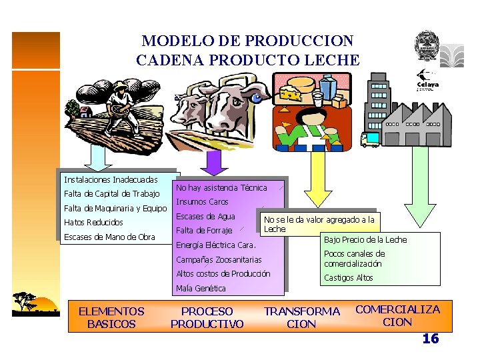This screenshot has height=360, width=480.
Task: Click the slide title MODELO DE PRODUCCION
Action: pyautogui.click(x=247, y=41)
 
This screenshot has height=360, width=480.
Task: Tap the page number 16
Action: pyautogui.click(x=431, y=339)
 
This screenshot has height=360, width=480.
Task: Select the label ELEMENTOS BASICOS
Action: pyautogui.click(x=111, y=317)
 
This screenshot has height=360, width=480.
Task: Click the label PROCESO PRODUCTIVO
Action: pyautogui.click(x=207, y=317)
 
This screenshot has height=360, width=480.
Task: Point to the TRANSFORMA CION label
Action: pyautogui.click(x=302, y=317)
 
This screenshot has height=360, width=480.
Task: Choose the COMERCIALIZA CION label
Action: pyautogui.click(x=397, y=315)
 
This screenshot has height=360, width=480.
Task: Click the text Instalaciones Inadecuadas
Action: pyautogui.click(x=111, y=180)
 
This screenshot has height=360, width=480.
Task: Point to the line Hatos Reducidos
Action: pyautogui.click(x=93, y=223)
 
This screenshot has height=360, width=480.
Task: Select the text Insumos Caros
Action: pyautogui.click(x=202, y=202)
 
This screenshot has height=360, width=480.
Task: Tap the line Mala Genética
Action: pyautogui.click(x=201, y=289)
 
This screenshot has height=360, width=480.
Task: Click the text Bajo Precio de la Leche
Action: pyautogui.click(x=365, y=240)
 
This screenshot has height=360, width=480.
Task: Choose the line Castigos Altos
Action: pyautogui.click(x=348, y=278)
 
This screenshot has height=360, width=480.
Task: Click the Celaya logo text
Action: pyautogui.click(x=428, y=85)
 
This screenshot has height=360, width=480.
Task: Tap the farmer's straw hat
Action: pyautogui.click(x=120, y=87)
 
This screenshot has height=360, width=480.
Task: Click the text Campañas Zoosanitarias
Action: pyautogui.click(x=219, y=260)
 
